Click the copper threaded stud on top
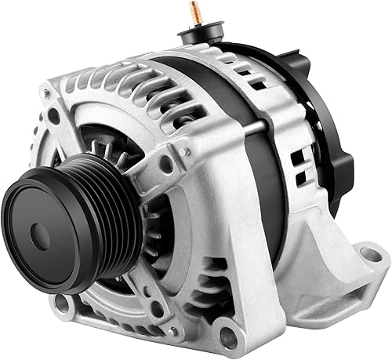tap(193, 13)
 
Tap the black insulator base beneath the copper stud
tap(197, 35)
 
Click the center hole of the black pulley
tap(40, 232)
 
